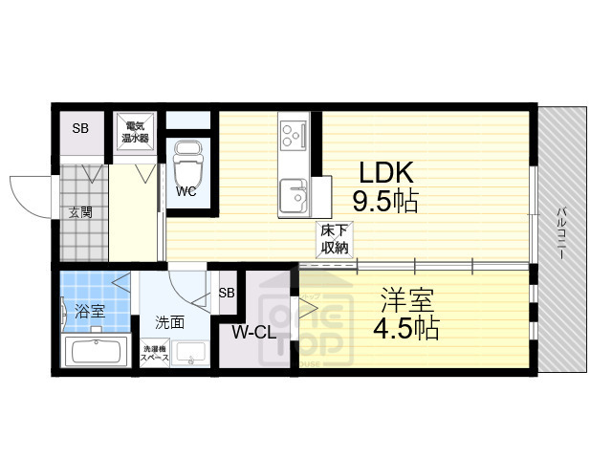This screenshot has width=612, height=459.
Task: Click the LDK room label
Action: [385, 173]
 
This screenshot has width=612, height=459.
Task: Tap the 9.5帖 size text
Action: [385, 203]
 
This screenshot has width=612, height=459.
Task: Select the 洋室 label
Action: [407, 300]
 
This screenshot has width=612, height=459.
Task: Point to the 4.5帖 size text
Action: [406, 329]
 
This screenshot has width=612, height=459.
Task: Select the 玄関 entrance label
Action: [79, 212]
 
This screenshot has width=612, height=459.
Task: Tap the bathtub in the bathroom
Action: [95, 350]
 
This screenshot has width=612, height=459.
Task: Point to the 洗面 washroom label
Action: [169, 321]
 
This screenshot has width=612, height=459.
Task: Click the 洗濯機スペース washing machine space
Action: [156, 354]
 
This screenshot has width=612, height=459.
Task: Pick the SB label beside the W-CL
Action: [227, 293]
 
